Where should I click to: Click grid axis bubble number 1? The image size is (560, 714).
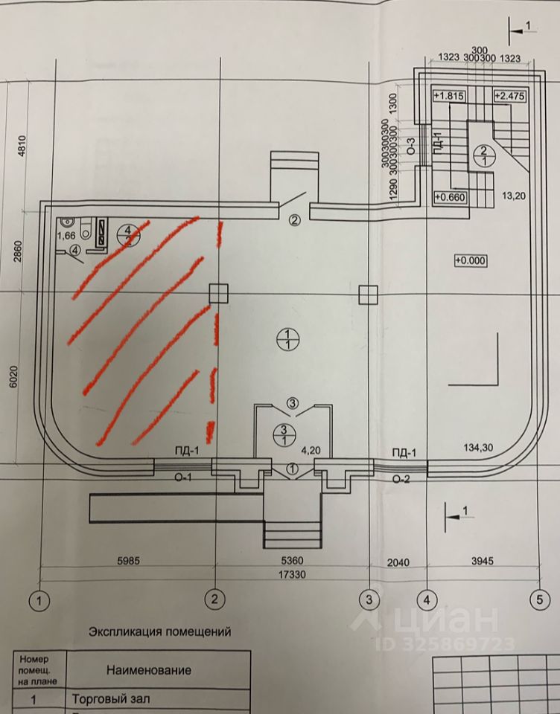tap(39, 598)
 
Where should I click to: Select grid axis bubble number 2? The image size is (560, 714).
tap(215, 598)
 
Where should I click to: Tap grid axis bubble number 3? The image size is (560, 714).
tap(369, 598)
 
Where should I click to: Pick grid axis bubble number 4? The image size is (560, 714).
tap(427, 598)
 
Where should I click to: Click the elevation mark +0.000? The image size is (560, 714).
tap(471, 260)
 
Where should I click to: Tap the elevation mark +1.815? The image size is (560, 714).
tap(449, 97)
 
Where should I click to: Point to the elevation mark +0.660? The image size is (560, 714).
tap(449, 197)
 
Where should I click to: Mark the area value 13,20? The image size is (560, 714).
tap(514, 196)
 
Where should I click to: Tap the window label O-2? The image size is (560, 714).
tap(403, 479)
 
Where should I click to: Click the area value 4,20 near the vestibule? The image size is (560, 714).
tap(311, 451)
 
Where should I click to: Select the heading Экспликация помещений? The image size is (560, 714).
tap(159, 632)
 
